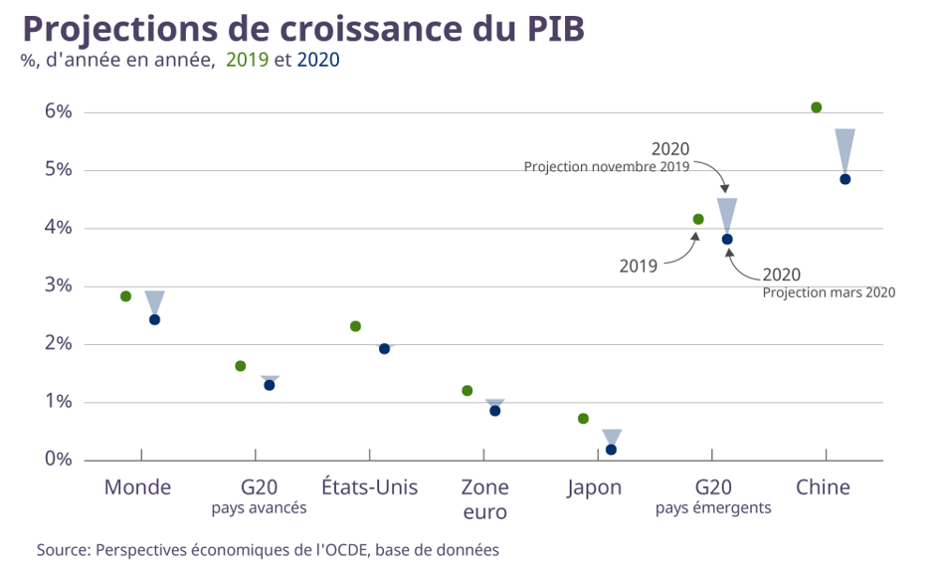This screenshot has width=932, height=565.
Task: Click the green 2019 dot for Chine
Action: [816, 107]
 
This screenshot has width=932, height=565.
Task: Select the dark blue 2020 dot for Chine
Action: [844, 179]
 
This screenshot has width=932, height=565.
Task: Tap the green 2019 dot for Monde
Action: [125, 296]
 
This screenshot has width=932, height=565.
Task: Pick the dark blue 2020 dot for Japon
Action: [611, 450]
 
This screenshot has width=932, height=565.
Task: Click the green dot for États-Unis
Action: [355, 326]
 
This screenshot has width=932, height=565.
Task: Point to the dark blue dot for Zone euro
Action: [494, 411]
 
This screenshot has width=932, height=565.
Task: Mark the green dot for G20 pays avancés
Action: [240, 366]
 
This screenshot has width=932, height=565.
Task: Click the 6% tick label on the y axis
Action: [59, 111]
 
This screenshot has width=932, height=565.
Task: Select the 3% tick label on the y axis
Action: [59, 285]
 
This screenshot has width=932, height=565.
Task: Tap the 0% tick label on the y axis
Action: [59, 460]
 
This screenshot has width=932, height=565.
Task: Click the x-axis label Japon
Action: [595, 487]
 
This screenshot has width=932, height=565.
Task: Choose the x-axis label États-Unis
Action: [369, 487]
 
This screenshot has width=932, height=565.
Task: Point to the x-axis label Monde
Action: [137, 487]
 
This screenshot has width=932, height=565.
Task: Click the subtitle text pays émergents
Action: [713, 508]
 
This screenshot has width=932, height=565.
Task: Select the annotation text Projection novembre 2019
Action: [607, 167]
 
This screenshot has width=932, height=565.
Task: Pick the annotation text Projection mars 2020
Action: [829, 292]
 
